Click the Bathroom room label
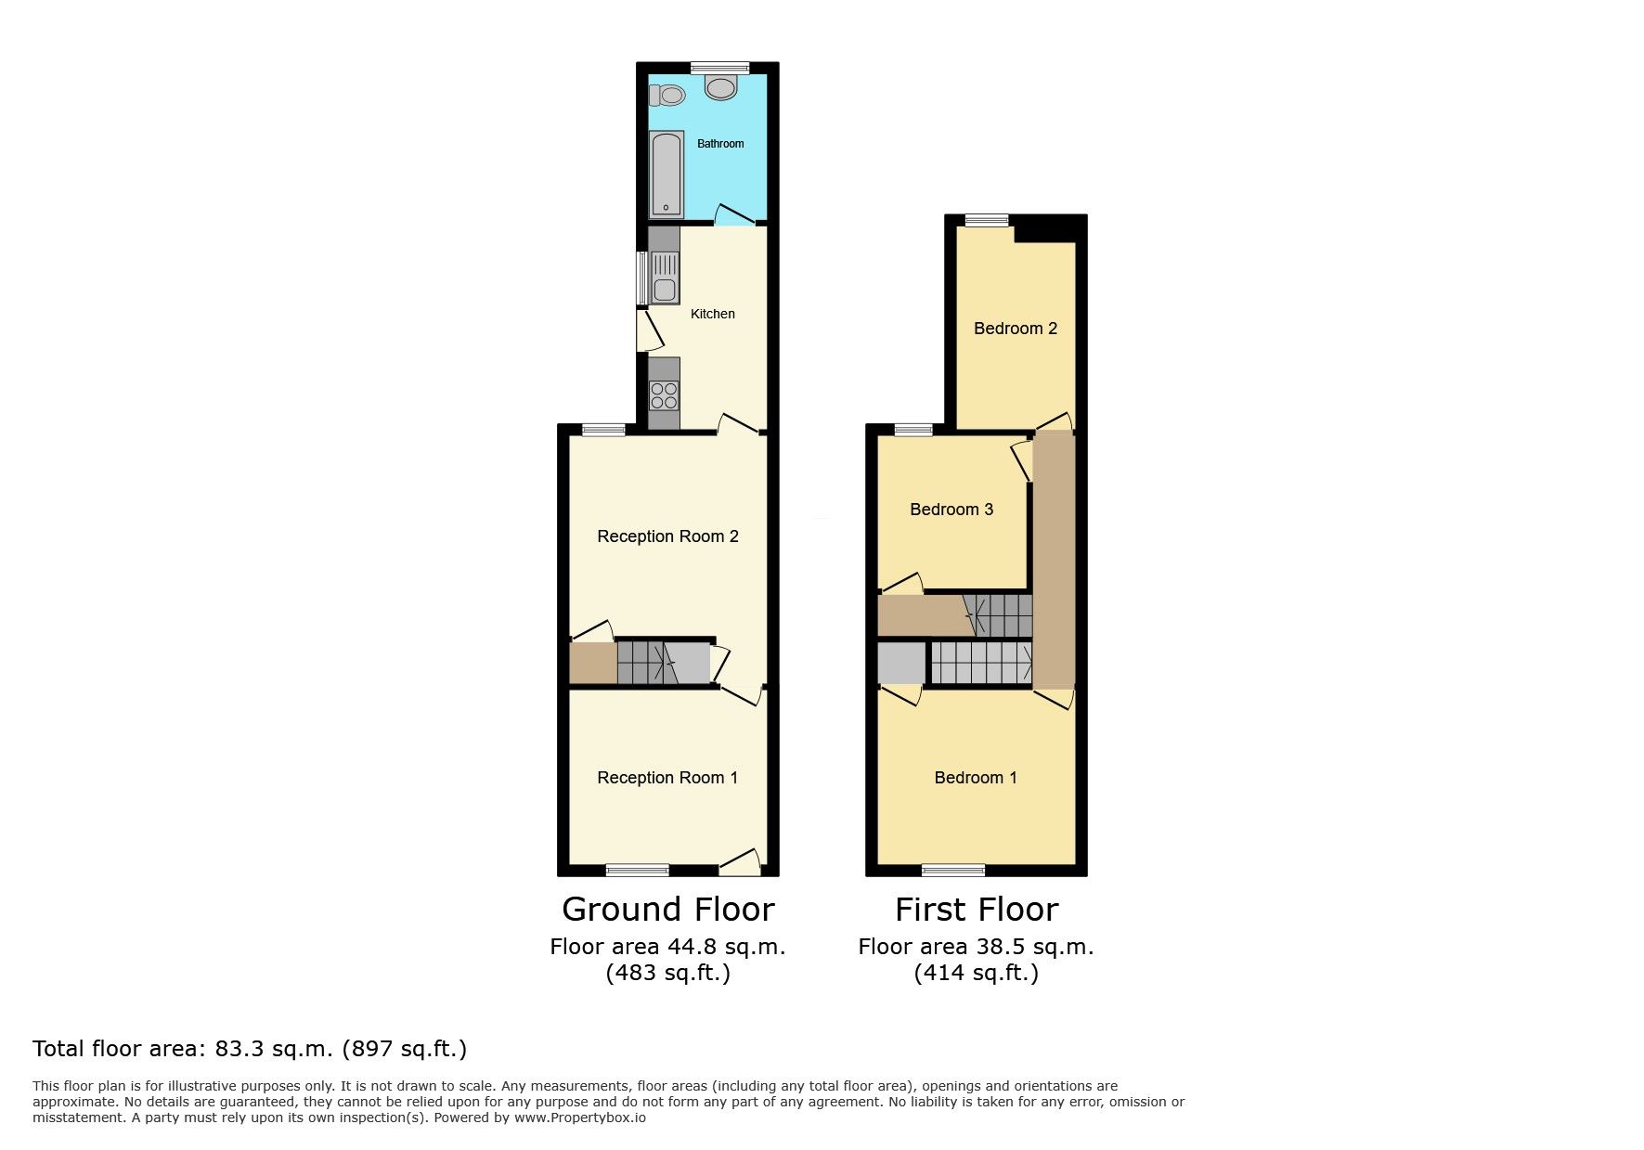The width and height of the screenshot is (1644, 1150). (x=720, y=144)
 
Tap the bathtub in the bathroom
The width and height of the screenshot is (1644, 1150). (x=666, y=174)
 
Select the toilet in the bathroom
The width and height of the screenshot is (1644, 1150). (x=667, y=95)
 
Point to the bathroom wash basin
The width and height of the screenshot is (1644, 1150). (x=720, y=87)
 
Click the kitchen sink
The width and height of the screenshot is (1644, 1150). (x=665, y=278)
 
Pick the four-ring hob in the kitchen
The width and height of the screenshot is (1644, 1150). (x=664, y=395)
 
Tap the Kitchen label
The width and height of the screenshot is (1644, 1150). (x=713, y=315)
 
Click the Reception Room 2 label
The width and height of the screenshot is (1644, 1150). (x=667, y=536)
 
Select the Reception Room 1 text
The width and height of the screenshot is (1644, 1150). (x=667, y=778)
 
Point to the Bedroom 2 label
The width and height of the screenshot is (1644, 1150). (x=1016, y=329)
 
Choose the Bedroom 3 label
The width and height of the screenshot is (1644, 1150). (x=951, y=510)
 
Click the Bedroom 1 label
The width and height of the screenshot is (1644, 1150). (x=976, y=778)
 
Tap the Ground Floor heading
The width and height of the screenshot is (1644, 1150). (x=668, y=910)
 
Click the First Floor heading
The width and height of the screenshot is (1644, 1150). (x=977, y=910)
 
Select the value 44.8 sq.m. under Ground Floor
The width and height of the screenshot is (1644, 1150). (x=727, y=947)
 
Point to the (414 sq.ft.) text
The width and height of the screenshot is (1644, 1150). (x=977, y=973)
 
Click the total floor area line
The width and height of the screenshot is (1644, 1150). (x=250, y=1049)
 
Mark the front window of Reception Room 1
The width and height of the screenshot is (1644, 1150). (x=638, y=870)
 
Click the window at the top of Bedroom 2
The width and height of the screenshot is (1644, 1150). (x=986, y=220)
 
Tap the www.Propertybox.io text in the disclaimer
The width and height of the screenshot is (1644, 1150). (x=580, y=1118)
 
